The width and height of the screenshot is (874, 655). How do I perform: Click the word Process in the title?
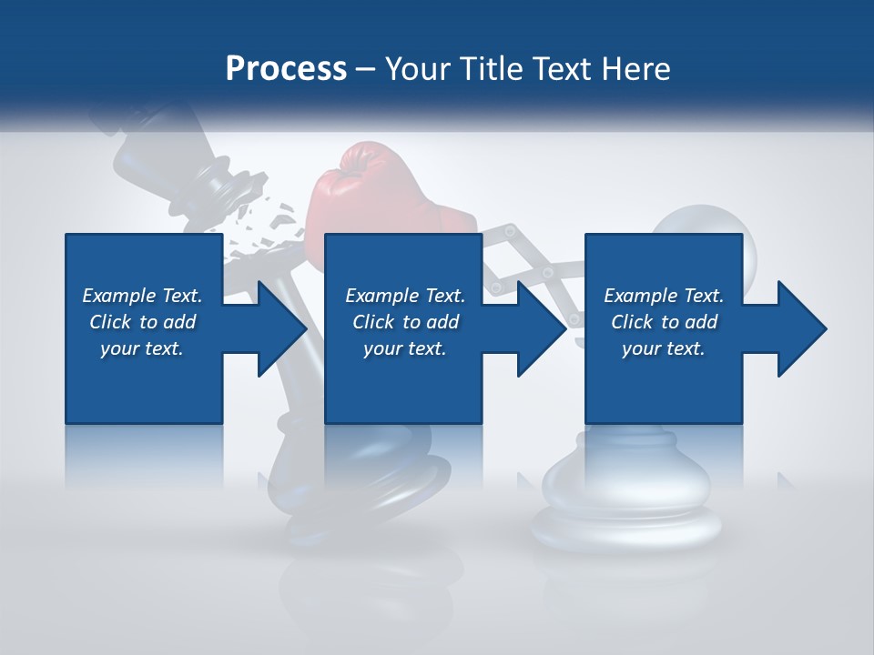click(286, 68)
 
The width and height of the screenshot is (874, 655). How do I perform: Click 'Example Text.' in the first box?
click(142, 296)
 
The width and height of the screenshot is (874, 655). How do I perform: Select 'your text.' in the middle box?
click(404, 348)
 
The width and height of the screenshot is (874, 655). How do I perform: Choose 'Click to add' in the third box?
click(665, 322)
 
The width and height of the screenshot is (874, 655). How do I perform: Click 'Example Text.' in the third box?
click(664, 296)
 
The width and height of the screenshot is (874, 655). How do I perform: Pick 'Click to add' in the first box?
click(143, 322)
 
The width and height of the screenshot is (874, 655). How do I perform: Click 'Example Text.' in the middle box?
click(405, 296)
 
